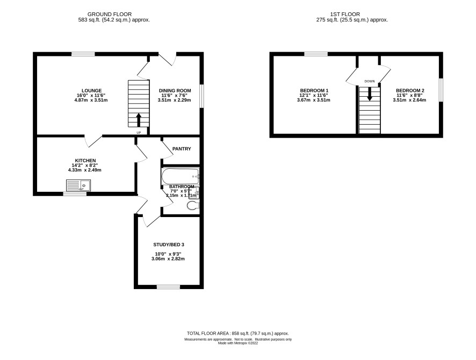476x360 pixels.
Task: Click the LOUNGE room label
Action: point(92,90)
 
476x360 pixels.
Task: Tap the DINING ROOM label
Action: point(175,90)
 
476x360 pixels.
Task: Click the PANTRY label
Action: point(182,149)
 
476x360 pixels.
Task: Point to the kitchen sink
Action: point(78,185)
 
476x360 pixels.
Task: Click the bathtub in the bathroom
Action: point(180,176)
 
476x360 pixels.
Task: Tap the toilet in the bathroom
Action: point(193,205)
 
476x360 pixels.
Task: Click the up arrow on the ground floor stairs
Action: point(139,120)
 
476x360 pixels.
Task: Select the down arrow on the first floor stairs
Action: point(370,94)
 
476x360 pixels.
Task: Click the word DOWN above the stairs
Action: point(370,81)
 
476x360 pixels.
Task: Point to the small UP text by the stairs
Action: point(139,133)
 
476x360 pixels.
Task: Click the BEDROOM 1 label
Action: point(314,90)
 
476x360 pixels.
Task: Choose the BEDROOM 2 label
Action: point(410,90)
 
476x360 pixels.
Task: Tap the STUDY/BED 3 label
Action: point(169,244)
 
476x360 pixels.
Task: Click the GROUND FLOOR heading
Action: point(110,15)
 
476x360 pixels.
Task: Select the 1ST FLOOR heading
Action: point(345,15)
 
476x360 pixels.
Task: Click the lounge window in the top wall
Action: point(83,54)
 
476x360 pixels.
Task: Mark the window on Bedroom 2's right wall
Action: point(441,90)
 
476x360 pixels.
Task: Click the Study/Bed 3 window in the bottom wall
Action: point(168,287)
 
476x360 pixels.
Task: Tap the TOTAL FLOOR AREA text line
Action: point(238,333)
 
